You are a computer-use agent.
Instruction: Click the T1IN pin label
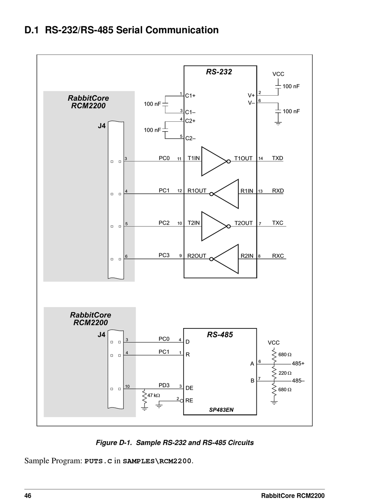click(x=194, y=158)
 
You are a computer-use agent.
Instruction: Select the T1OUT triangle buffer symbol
click(x=216, y=161)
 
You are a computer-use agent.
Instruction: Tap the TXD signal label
click(x=277, y=158)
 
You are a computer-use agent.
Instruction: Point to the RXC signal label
click(x=278, y=256)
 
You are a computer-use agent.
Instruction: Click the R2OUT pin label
click(x=197, y=256)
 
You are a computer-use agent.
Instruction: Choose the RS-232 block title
click(x=219, y=72)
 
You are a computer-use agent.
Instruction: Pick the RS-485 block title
click(x=220, y=334)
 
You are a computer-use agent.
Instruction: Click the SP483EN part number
click(x=221, y=410)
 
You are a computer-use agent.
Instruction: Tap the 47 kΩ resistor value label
click(x=154, y=395)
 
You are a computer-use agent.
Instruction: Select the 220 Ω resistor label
click(x=285, y=373)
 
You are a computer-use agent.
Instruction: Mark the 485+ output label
click(x=298, y=364)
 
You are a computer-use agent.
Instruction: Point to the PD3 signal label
click(x=164, y=385)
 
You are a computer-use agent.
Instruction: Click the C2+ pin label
click(x=190, y=121)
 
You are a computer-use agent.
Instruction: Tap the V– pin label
click(x=251, y=103)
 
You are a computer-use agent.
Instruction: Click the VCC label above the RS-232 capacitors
click(x=278, y=74)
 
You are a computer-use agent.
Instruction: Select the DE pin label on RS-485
click(x=189, y=388)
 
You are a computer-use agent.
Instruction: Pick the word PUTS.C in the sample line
click(x=98, y=461)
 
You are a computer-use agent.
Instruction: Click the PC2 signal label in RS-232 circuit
click(x=164, y=223)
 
